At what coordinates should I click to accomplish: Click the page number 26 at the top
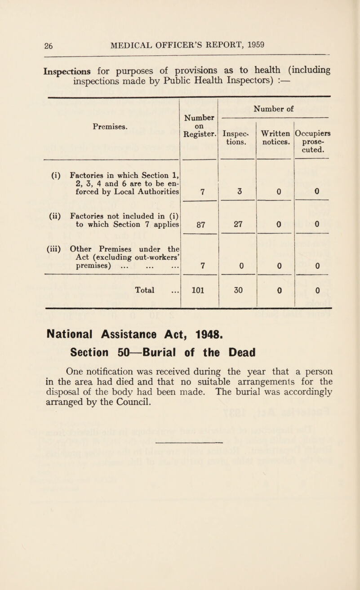pos(17,44)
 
